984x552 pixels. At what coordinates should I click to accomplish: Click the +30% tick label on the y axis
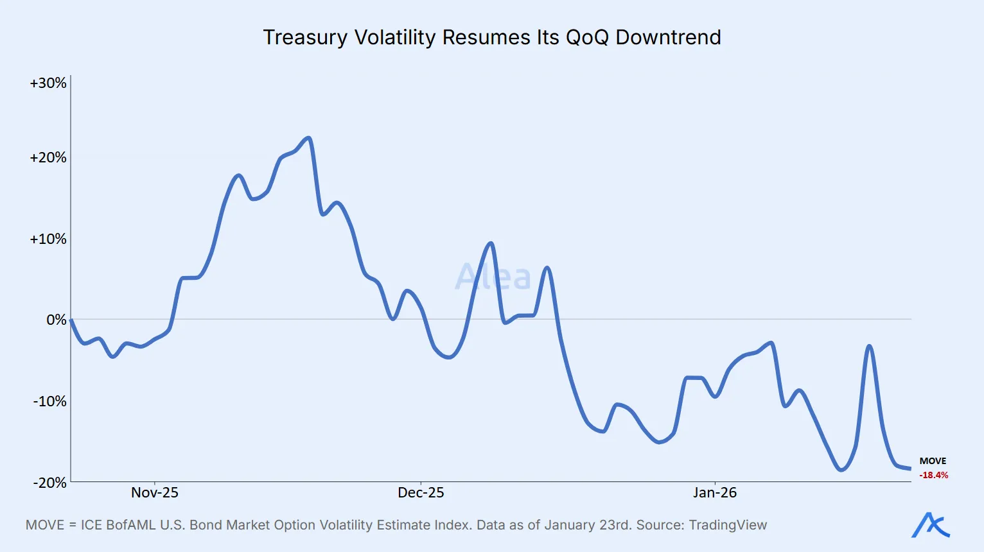[48, 83]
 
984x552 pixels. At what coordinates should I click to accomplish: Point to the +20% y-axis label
[48, 158]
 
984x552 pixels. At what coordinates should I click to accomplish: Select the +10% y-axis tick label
[48, 239]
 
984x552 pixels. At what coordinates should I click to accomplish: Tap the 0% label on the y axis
[56, 320]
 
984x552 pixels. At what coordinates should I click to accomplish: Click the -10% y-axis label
[49, 402]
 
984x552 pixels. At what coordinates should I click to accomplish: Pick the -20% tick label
[49, 483]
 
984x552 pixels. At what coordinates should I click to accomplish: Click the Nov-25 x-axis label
[155, 493]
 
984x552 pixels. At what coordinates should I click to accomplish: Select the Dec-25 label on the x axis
[421, 493]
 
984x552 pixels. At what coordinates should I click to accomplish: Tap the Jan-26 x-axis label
[715, 493]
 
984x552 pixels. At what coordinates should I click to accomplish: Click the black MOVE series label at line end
[933, 461]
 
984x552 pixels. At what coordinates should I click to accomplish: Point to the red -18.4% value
[934, 476]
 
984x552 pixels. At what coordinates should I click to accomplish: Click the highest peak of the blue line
[308, 138]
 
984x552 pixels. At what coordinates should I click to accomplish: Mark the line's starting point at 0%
[71, 320]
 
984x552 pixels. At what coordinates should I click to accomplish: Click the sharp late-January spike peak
[869, 347]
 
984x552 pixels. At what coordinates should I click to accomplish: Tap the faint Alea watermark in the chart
[493, 277]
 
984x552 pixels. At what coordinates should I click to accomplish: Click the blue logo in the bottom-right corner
[931, 525]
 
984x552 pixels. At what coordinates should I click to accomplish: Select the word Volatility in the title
[395, 37]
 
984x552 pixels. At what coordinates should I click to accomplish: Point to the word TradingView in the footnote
[728, 525]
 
